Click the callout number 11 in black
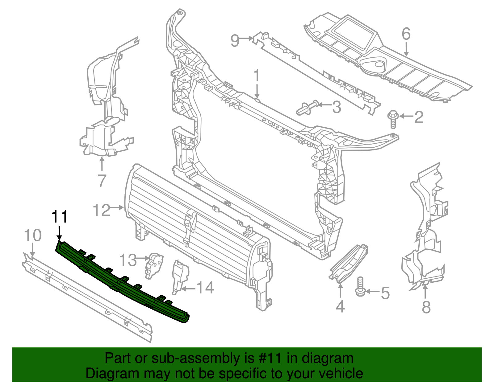tap(59, 217)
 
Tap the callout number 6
tap(406, 34)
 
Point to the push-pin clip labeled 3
tap(307, 108)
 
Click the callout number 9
tap(235, 40)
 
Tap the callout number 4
tap(340, 307)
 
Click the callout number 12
tap(101, 211)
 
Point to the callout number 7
tap(102, 180)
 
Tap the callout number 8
tap(426, 307)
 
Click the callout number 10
tap(33, 236)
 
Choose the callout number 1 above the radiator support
tap(257, 77)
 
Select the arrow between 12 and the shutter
tap(117, 207)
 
